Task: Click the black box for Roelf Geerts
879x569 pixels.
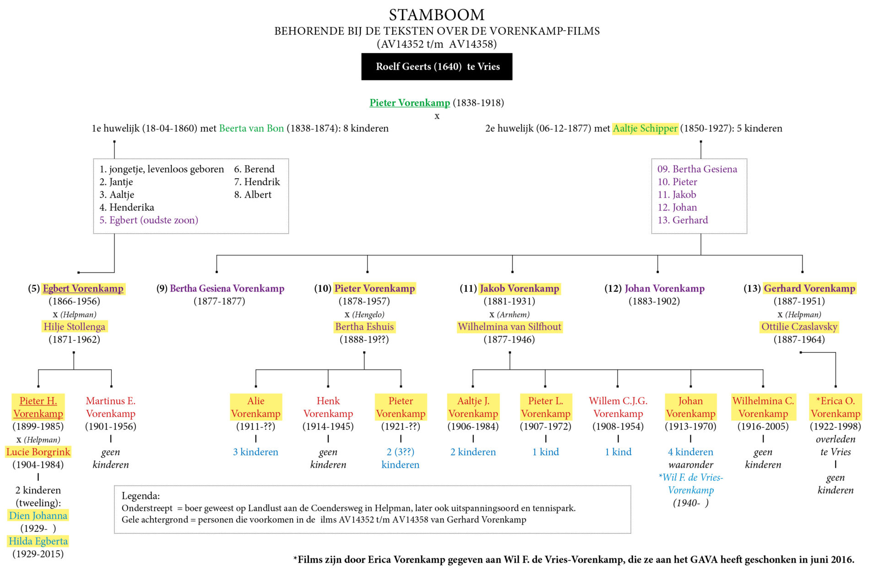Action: [437, 67]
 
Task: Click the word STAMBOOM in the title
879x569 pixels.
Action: [436, 15]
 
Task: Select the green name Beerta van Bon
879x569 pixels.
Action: [251, 128]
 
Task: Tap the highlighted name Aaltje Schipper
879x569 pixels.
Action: [645, 128]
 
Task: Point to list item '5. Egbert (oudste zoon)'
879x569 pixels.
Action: [149, 220]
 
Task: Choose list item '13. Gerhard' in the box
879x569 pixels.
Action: [683, 220]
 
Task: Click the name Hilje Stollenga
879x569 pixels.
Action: [74, 327]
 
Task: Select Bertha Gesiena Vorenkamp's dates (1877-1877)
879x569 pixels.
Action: [219, 301]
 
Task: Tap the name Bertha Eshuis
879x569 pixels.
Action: [364, 327]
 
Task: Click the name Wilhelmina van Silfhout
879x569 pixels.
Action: [510, 327]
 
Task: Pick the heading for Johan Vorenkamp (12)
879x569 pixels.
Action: [655, 288]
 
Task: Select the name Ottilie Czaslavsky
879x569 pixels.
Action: [799, 327]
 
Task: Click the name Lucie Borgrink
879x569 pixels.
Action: [38, 452]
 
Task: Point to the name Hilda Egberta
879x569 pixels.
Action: [38, 541]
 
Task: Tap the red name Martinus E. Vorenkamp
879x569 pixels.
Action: [111, 407]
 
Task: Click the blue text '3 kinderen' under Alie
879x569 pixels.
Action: [255, 452]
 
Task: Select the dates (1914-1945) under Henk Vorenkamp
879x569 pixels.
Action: [328, 426]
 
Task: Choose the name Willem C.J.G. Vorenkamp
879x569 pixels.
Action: [618, 407]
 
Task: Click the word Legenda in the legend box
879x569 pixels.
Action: [141, 496]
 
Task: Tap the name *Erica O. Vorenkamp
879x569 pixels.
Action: [836, 407]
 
